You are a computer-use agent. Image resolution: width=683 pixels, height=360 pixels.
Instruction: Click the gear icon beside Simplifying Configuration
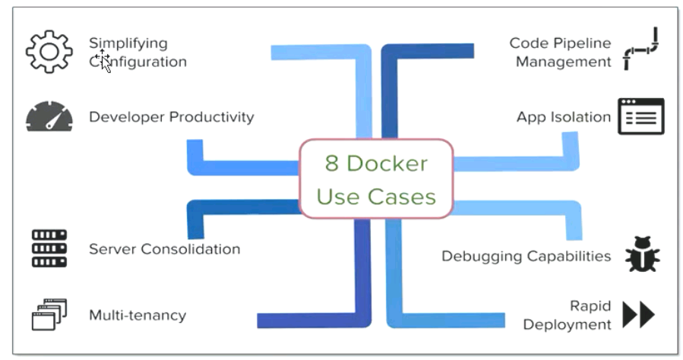(x=49, y=52)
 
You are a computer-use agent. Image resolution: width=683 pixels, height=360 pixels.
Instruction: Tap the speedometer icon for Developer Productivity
(x=49, y=117)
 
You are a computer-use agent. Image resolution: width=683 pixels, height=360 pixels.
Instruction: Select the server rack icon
(x=49, y=248)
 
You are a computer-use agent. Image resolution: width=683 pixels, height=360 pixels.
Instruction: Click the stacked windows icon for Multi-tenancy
(x=49, y=314)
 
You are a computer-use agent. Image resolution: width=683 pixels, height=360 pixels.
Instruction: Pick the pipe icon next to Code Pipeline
(x=640, y=49)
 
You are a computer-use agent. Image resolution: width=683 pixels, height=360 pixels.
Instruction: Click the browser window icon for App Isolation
(x=640, y=116)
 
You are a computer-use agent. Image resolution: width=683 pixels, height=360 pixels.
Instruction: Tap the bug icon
(x=643, y=254)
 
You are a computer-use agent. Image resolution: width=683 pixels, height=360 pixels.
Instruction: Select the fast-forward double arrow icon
(x=639, y=314)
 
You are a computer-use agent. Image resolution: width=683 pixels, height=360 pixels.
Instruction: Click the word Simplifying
(x=128, y=43)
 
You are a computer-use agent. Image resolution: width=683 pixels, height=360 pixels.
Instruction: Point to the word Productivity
(x=211, y=117)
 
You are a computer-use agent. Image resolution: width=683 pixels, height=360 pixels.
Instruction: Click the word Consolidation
(x=191, y=249)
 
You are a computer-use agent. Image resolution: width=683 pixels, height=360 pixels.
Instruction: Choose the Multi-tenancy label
(x=138, y=315)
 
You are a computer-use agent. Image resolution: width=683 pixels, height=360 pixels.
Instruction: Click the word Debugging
(x=476, y=257)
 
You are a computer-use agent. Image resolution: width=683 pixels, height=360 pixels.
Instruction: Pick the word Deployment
(x=567, y=325)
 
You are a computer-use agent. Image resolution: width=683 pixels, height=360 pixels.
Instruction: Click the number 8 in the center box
(x=331, y=163)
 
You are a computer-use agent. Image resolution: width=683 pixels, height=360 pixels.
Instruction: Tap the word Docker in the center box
(x=387, y=163)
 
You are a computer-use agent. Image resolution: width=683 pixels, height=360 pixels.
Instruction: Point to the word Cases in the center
(x=402, y=197)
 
